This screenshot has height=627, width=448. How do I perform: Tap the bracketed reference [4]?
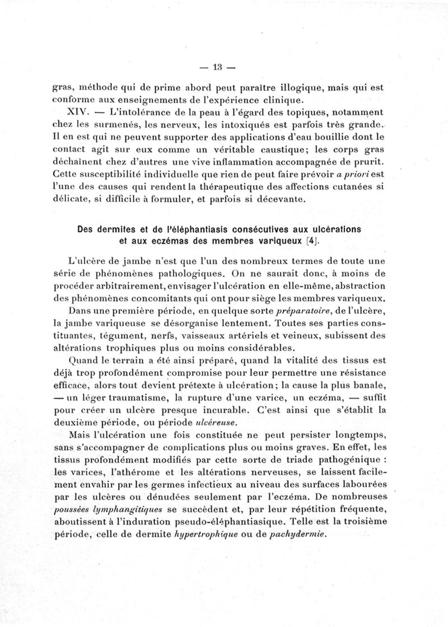point(311,241)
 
